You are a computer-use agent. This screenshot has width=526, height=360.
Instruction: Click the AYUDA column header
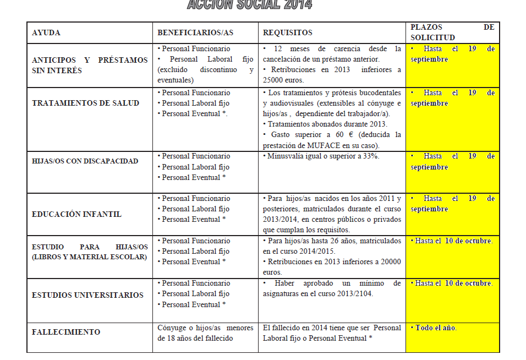click(x=46, y=33)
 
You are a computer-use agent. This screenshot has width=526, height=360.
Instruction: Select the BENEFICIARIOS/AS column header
click(x=195, y=33)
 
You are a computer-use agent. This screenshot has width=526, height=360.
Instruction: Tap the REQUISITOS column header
click(x=288, y=33)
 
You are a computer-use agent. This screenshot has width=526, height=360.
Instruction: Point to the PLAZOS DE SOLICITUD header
click(x=452, y=32)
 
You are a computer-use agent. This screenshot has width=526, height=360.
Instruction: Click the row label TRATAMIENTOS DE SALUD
click(x=86, y=103)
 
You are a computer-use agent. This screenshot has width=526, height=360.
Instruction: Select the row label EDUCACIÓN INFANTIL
click(x=77, y=214)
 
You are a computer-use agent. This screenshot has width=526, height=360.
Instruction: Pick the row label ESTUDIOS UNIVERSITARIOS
click(x=88, y=295)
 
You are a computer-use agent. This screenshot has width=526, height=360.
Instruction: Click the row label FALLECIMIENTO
click(x=66, y=332)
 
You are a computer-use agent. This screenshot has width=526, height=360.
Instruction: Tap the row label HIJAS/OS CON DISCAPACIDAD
click(x=85, y=161)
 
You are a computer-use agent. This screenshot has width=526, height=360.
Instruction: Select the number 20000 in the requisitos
click(x=390, y=261)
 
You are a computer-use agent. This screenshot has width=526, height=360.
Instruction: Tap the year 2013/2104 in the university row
click(x=354, y=293)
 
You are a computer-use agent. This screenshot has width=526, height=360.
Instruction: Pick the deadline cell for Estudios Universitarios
click(x=452, y=283)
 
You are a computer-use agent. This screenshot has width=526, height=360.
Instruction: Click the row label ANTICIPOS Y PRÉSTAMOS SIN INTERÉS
click(x=90, y=65)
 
